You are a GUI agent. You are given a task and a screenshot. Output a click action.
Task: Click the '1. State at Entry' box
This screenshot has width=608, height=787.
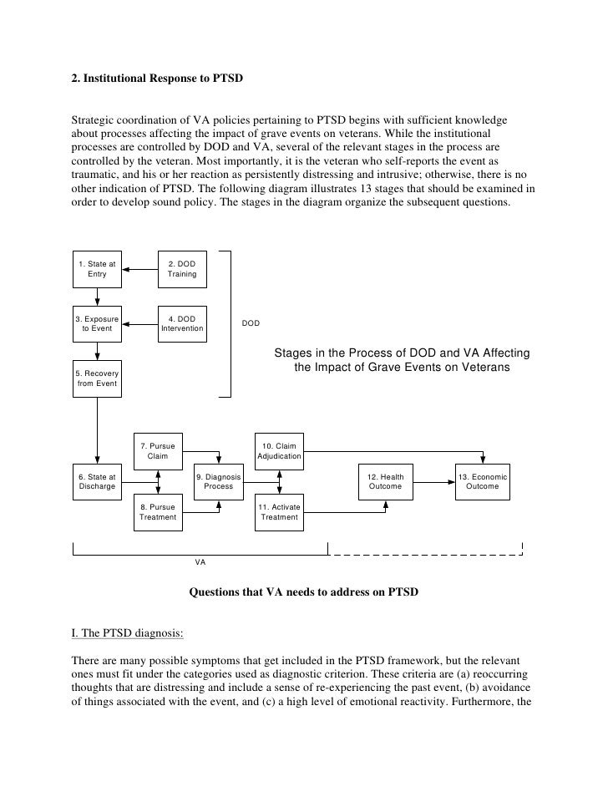(97, 269)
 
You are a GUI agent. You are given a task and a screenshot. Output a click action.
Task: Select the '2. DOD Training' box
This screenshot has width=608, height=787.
(182, 269)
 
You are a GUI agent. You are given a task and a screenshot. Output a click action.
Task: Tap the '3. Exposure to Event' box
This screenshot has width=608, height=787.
(97, 323)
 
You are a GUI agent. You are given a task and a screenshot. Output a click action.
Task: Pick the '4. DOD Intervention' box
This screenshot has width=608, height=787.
(182, 323)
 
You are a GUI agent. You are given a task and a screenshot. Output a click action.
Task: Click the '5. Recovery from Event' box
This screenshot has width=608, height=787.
(97, 378)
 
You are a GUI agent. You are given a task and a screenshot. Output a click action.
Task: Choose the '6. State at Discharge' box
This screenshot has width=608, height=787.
(97, 481)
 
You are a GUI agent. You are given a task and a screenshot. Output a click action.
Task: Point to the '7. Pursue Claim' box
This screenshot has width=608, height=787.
(158, 451)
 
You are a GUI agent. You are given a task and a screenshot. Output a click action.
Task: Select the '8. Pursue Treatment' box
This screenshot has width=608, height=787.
(158, 511)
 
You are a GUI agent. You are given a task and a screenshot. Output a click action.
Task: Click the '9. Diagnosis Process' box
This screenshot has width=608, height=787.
(219, 481)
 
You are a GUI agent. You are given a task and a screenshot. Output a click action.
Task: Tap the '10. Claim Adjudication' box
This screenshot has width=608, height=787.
(280, 451)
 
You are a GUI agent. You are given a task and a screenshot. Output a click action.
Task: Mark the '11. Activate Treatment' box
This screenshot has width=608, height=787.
(280, 511)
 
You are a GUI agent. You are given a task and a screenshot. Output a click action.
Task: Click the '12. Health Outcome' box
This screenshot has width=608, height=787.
(385, 481)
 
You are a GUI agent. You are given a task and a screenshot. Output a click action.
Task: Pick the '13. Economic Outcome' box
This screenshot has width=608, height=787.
(483, 481)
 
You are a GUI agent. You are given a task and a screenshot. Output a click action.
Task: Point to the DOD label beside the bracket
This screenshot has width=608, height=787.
(251, 323)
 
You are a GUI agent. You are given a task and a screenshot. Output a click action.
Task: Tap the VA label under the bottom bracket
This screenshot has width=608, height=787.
(200, 562)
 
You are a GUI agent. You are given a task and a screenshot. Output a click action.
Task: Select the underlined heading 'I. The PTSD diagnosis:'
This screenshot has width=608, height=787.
(126, 632)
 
